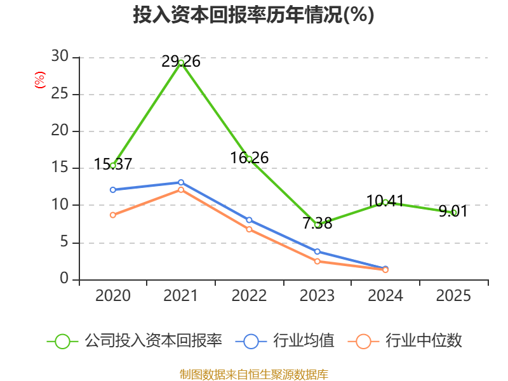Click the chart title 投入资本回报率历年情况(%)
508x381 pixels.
[253, 15]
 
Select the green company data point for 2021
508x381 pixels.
[181, 62]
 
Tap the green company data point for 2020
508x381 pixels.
[113, 165]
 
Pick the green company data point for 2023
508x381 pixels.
[317, 224]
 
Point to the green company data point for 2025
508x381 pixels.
[454, 212]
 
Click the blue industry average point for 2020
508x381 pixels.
[113, 190]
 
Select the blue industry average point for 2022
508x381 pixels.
[249, 220]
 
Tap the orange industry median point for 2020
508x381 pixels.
[113, 215]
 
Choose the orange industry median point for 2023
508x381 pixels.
[317, 261]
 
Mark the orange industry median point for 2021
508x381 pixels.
[181, 190]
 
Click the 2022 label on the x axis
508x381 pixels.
[249, 296]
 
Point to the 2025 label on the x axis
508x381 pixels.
[454, 296]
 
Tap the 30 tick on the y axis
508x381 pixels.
[60, 57]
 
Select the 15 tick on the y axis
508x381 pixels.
[60, 168]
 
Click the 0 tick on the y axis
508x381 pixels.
[64, 279]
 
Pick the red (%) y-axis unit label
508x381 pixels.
[39, 80]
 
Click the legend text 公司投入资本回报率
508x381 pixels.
[153, 341]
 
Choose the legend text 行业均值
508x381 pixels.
[304, 341]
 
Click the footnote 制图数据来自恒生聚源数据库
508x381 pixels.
[253, 374]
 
